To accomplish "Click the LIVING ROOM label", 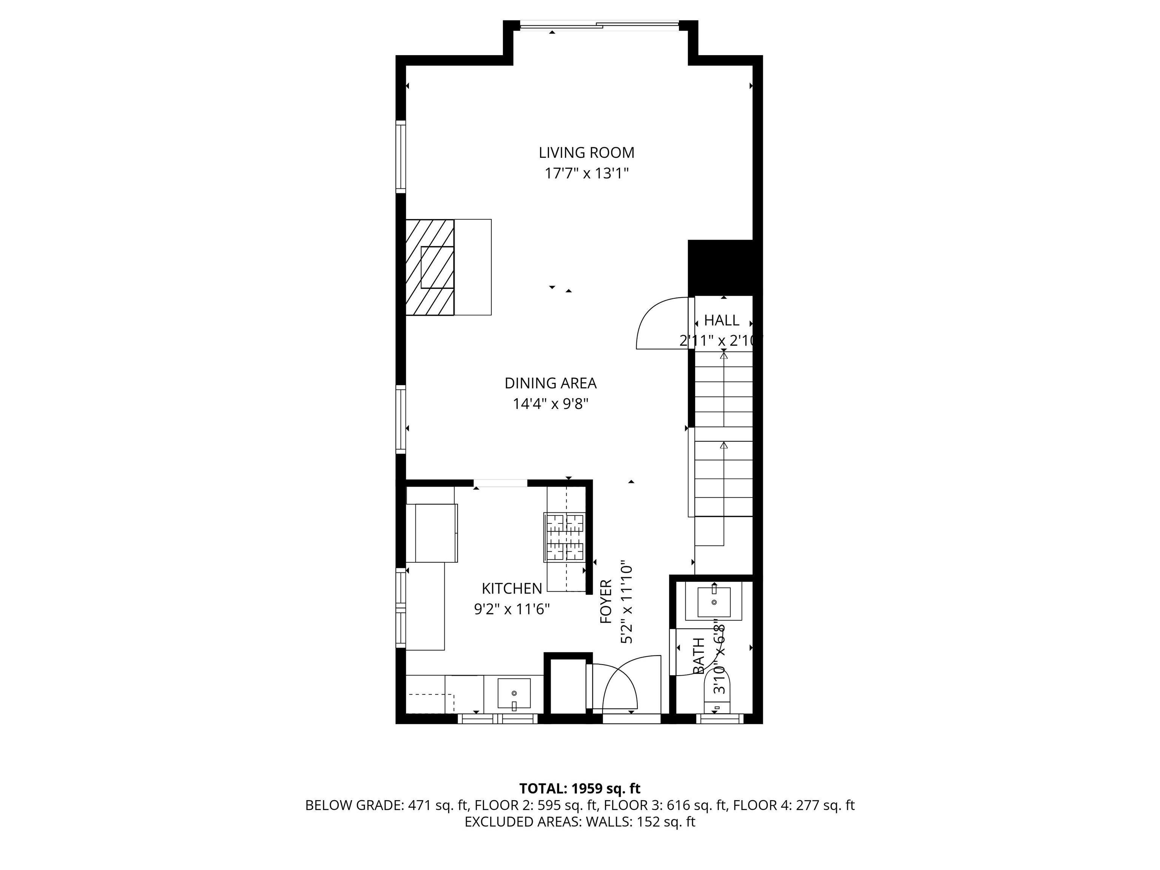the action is point(586,153).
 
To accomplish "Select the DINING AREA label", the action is point(551,383).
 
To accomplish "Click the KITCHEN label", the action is point(512,588).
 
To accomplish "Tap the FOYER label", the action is point(606,602).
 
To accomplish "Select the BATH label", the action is point(699,656).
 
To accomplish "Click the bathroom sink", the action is point(714,602).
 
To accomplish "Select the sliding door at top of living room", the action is point(599,24).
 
